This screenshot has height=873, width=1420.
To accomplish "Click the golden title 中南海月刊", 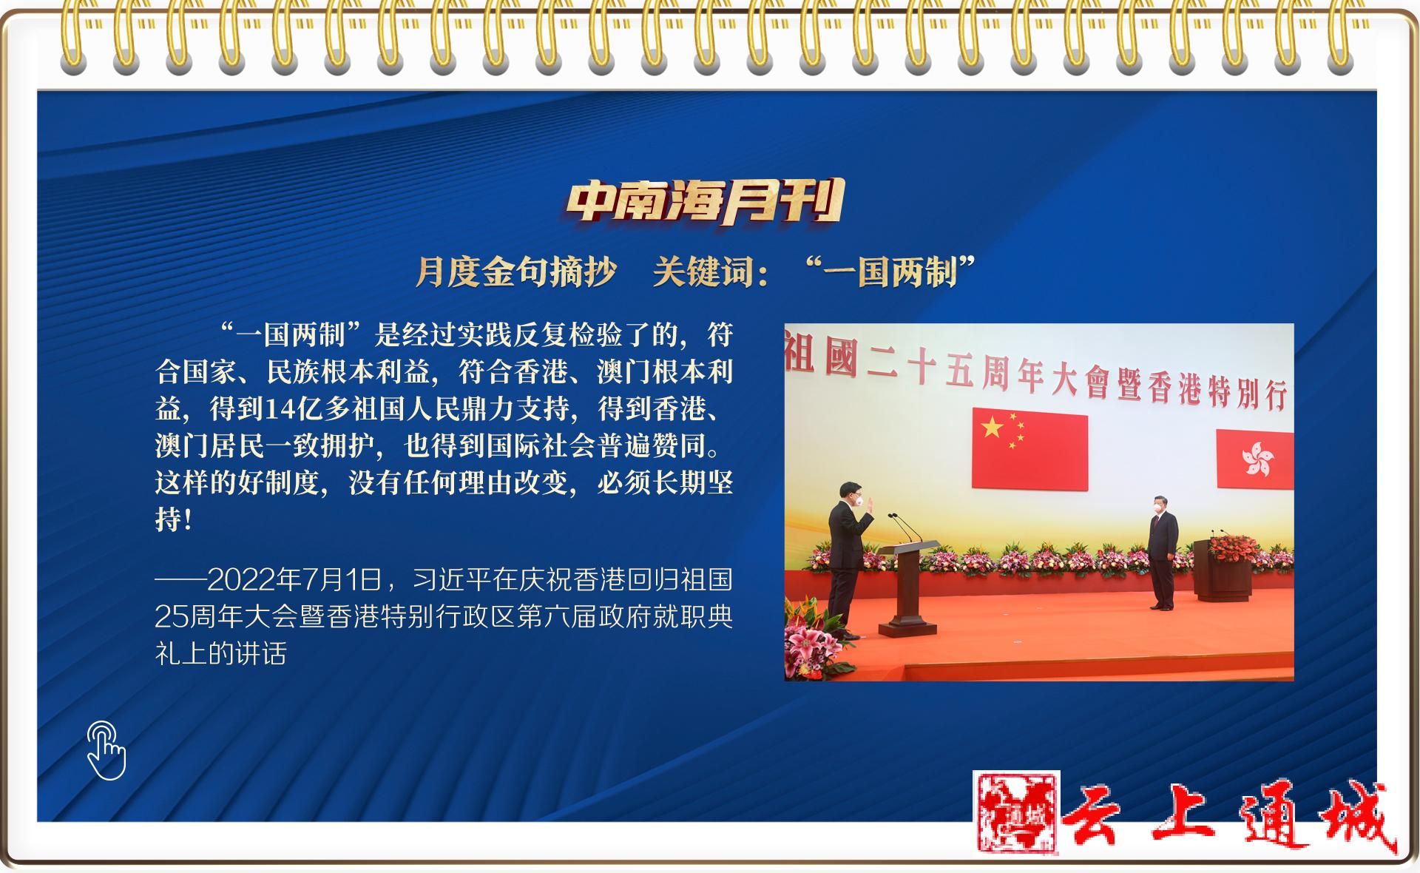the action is [705, 202].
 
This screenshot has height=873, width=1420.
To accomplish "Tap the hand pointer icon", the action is [106, 750].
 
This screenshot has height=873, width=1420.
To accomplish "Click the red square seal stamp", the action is [1016, 813].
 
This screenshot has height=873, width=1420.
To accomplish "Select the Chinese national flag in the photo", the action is [1029, 448].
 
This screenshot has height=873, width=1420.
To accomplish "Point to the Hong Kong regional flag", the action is [1255, 459].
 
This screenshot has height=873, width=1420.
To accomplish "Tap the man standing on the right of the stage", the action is [1163, 551].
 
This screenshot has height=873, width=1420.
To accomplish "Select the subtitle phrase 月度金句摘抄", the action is [515, 272].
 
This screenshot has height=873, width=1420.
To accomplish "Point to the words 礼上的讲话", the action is [220, 653].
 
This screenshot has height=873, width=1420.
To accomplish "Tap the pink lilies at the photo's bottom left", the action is [809, 640].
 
